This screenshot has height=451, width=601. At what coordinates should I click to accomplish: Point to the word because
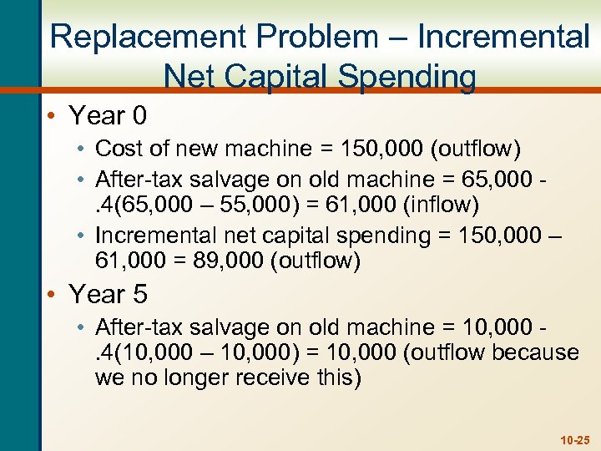point(535,353)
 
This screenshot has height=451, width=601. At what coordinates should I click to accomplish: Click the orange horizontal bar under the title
point(534,89)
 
